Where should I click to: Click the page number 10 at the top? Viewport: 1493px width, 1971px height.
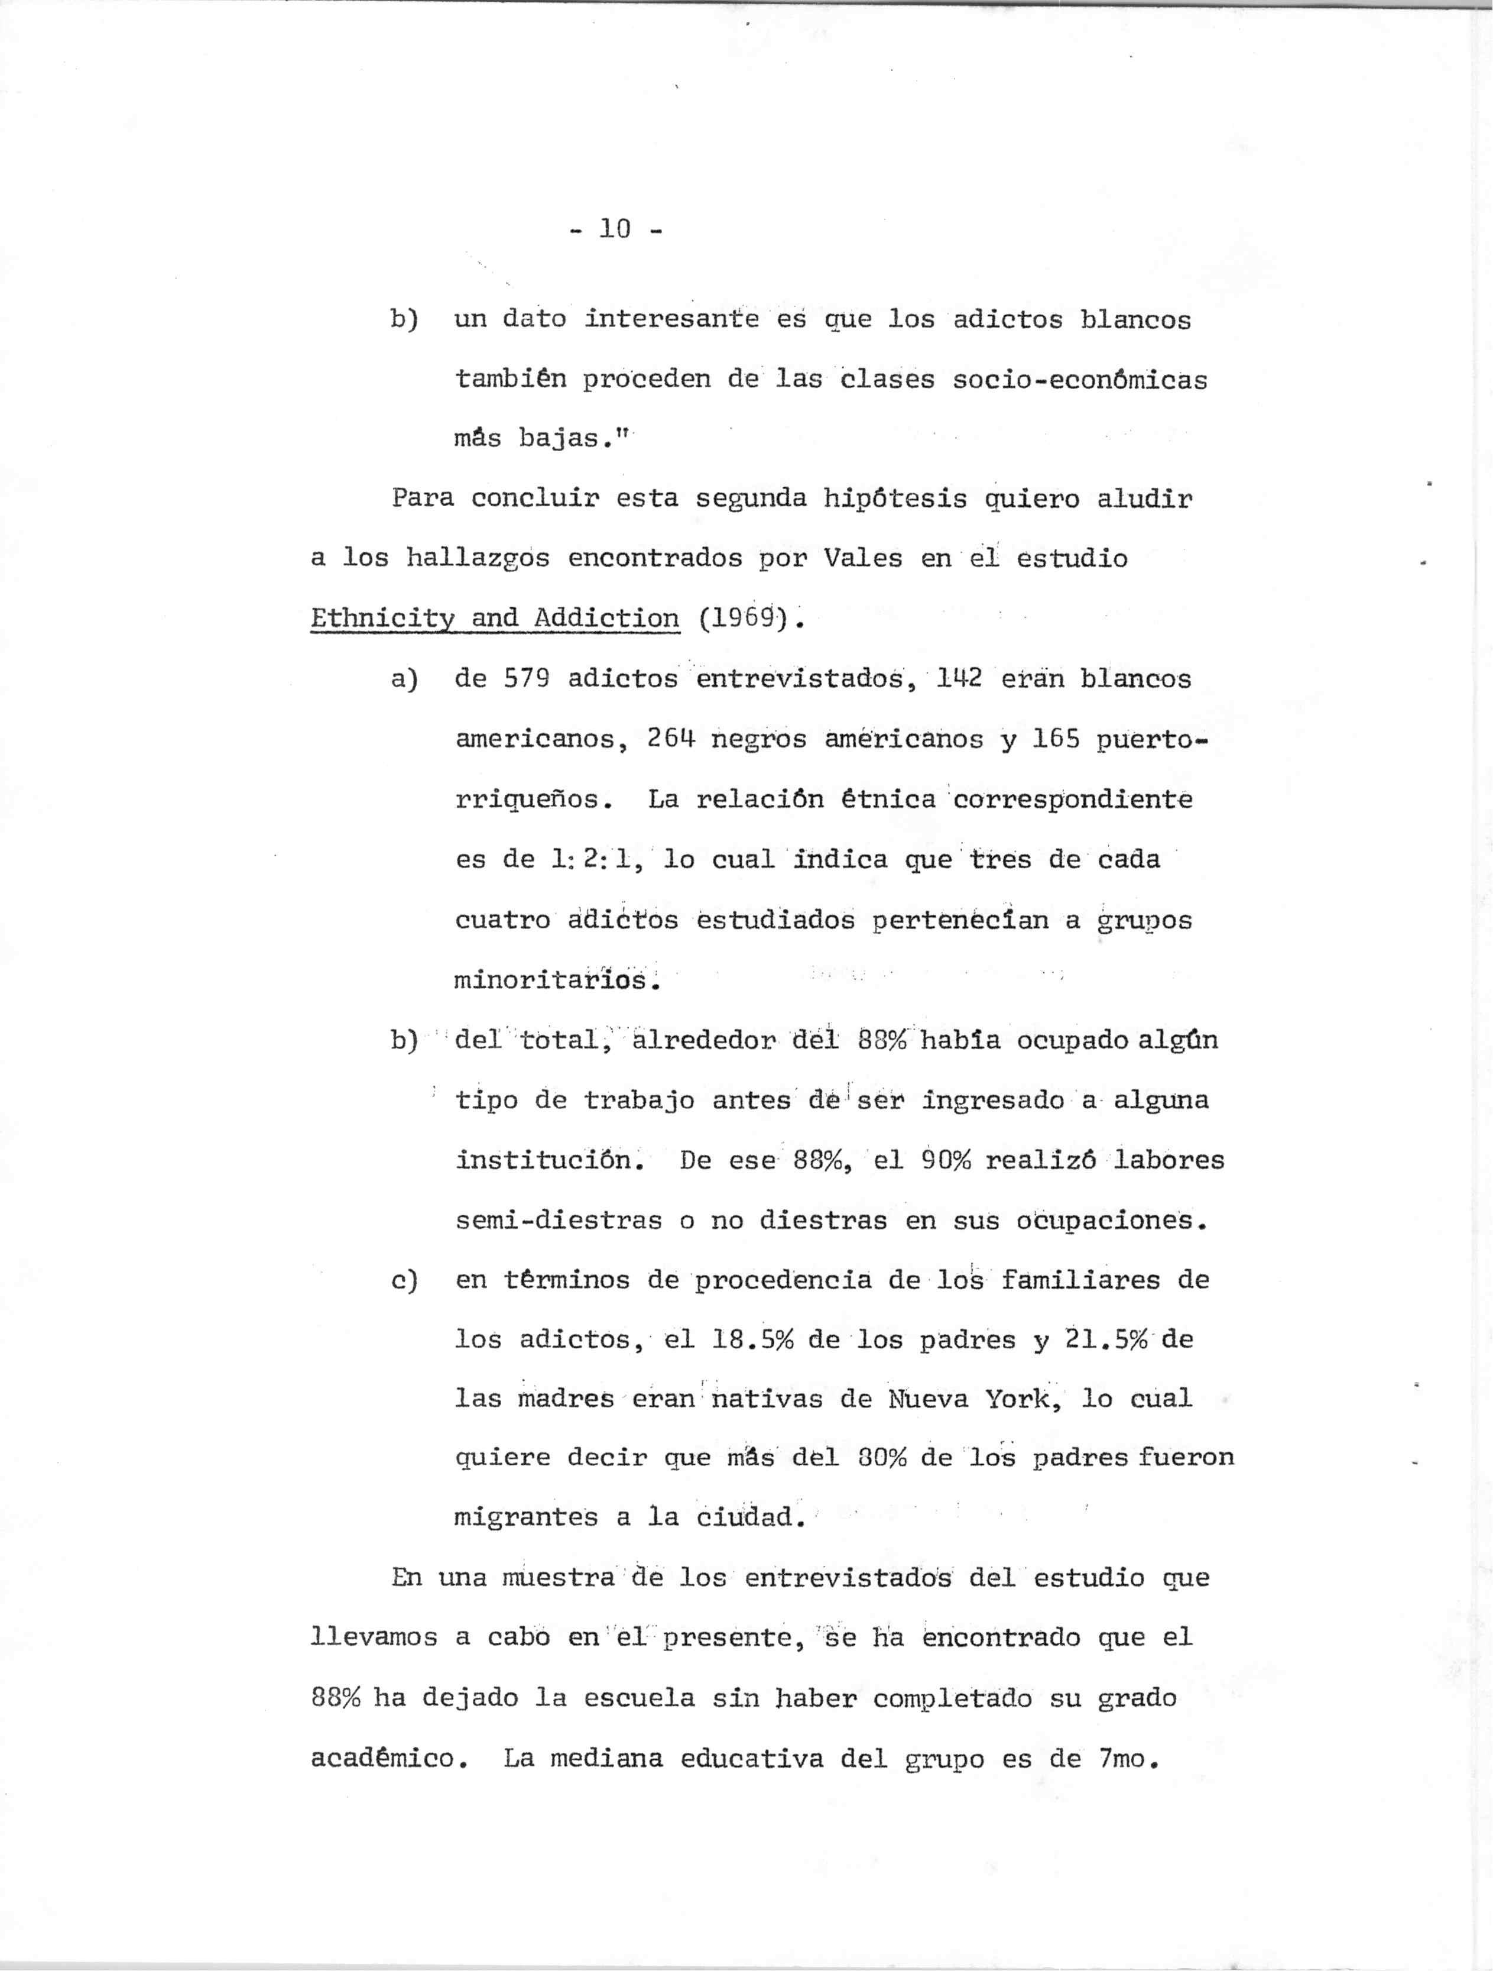(x=615, y=229)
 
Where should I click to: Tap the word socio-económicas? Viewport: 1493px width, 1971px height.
(x=1080, y=380)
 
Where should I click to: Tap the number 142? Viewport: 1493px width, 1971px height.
(x=959, y=679)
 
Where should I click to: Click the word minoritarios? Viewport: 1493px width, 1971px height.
(x=557, y=981)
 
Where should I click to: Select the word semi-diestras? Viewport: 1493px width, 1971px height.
(x=559, y=1221)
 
